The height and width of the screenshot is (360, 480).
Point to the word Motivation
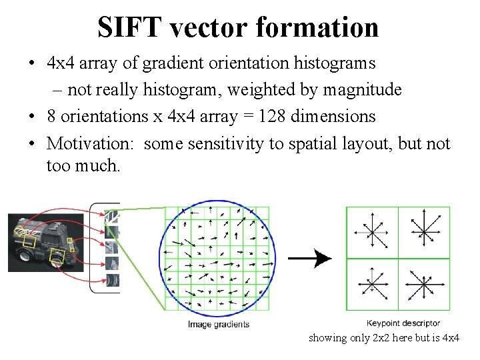(91, 143)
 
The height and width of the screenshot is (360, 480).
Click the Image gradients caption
(218, 325)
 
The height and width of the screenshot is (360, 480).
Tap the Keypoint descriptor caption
(403, 323)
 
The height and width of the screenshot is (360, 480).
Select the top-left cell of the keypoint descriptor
(372, 232)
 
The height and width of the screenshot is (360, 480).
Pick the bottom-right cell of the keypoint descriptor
(424, 284)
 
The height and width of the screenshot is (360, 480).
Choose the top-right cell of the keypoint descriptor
(424, 232)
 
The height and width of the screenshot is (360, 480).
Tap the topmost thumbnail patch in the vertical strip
(112, 217)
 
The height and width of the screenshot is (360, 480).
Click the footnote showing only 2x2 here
(383, 338)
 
